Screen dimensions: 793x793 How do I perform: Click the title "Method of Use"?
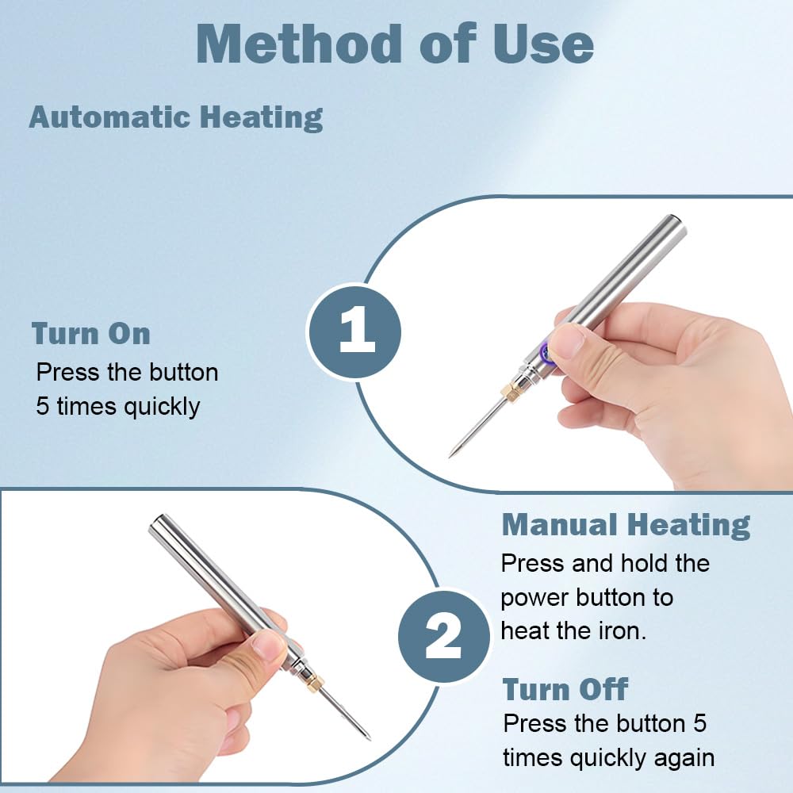click(x=394, y=44)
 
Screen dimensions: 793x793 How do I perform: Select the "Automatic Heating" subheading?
click(x=176, y=117)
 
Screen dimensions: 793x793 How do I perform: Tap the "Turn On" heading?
click(x=91, y=334)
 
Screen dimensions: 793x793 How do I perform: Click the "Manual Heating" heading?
click(x=626, y=525)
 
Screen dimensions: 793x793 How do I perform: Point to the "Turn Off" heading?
click(x=565, y=689)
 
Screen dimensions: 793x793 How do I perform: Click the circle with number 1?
click(x=355, y=331)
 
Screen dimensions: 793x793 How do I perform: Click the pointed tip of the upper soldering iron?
click(x=452, y=454)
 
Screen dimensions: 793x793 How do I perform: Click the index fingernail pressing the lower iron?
click(x=270, y=646)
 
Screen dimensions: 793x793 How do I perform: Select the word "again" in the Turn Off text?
click(x=680, y=757)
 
